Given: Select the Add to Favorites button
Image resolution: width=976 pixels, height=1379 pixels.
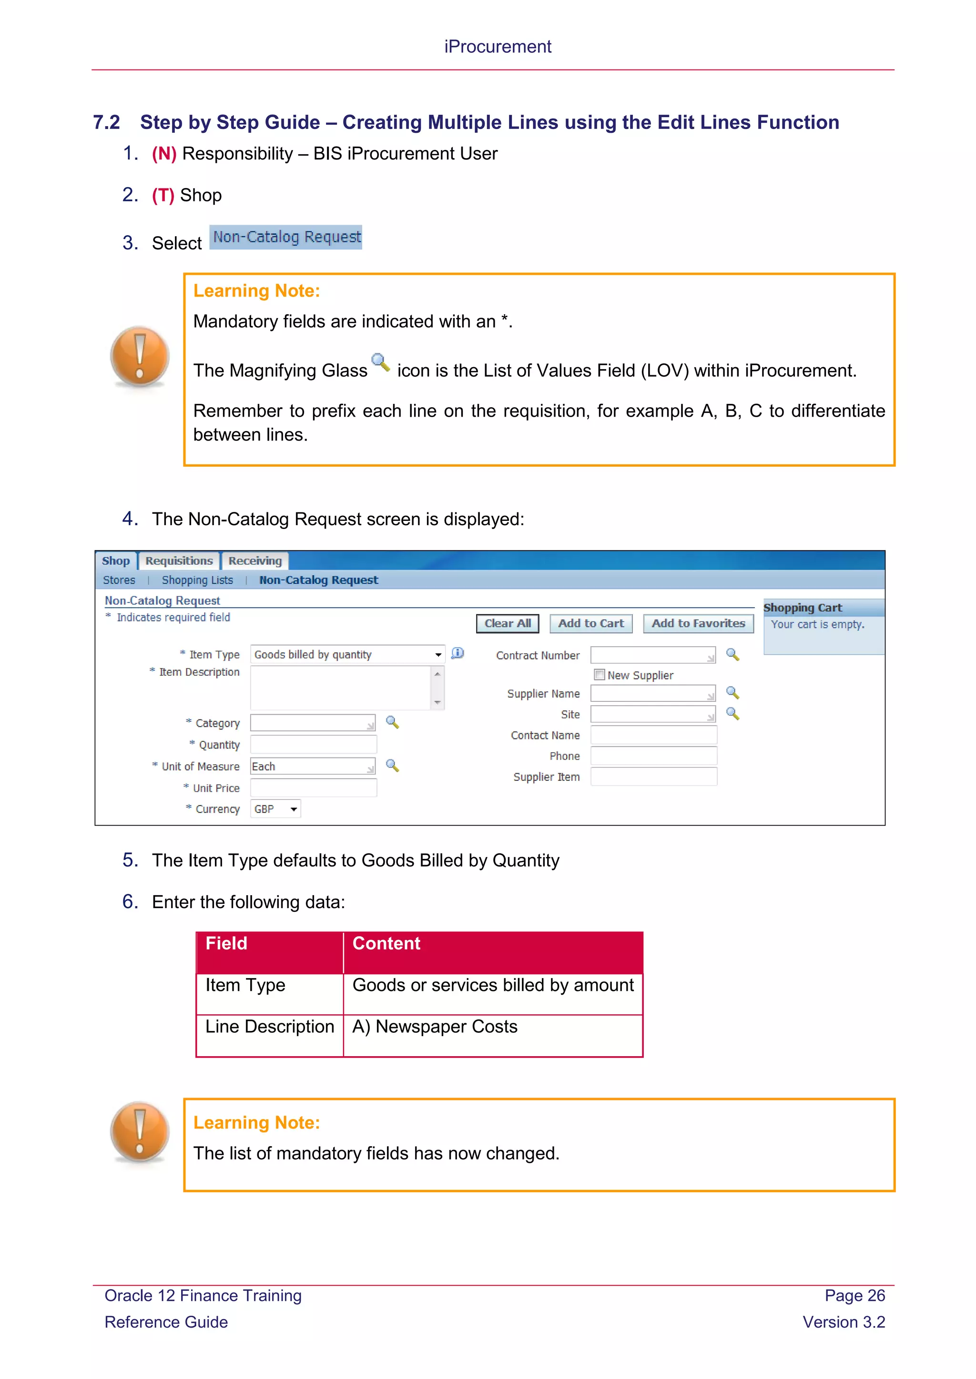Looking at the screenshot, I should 698,623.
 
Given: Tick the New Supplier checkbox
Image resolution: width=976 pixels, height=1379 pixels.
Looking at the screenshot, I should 599,674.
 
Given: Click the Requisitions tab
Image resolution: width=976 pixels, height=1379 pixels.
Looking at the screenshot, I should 179,561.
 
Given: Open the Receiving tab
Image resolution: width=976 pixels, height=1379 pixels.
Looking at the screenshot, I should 255,561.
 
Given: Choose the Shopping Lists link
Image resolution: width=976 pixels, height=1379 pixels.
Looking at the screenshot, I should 197,580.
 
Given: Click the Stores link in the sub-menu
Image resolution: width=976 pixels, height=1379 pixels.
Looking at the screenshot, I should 119,580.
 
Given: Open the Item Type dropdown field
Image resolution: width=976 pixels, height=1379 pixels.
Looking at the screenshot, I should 347,655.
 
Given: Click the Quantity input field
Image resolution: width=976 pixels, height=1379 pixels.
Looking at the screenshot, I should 313,745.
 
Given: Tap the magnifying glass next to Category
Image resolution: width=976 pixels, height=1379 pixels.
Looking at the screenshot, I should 392,722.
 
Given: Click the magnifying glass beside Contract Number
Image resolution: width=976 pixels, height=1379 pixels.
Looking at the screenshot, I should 732,655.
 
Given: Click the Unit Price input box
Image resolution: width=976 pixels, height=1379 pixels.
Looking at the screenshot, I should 313,788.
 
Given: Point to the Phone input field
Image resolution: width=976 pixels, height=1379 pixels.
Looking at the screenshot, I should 653,756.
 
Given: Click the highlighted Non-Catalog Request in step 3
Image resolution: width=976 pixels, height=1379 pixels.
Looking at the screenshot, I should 286,237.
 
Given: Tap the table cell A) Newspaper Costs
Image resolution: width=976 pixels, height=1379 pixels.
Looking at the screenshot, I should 435,1027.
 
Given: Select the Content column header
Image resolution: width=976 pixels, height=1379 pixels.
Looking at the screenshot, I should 386,944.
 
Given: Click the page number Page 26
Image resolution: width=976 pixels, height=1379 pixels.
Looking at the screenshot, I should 854,1296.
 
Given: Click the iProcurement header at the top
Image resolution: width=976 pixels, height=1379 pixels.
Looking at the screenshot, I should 498,47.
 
